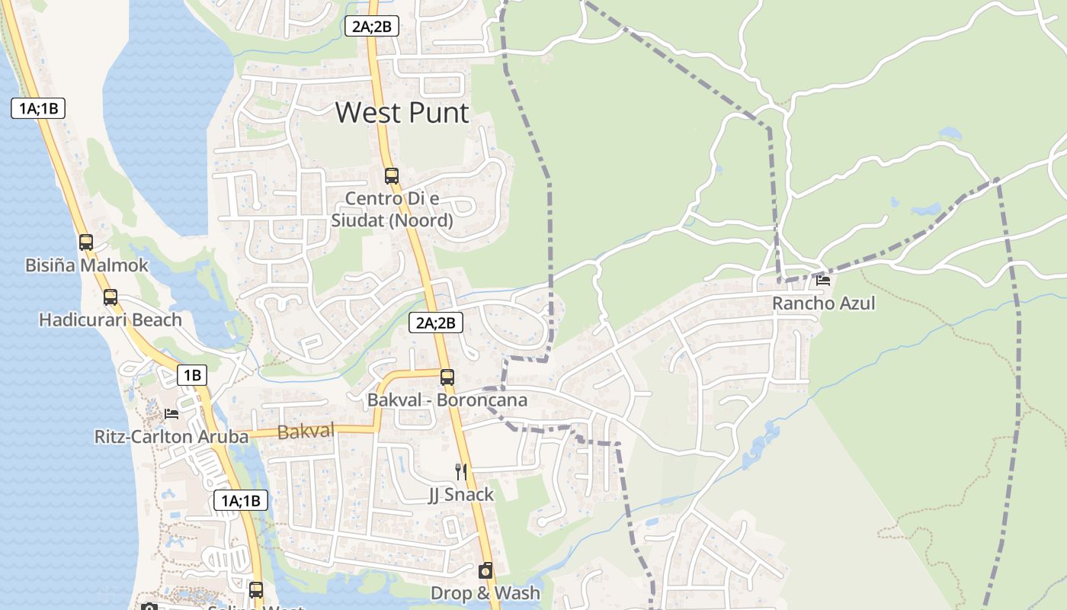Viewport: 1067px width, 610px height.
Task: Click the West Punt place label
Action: (402, 113)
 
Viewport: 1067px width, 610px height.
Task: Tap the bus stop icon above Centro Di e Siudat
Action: (392, 176)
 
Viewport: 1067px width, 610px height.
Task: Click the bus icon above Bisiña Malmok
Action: (86, 242)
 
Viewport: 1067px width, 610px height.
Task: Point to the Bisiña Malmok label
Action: (87, 266)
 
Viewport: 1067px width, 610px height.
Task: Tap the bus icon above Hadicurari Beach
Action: (111, 297)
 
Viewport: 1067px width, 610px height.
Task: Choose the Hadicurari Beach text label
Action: (111, 319)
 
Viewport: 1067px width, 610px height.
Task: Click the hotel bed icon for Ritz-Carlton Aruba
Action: (171, 414)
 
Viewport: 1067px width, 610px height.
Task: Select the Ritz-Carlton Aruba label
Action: (171, 437)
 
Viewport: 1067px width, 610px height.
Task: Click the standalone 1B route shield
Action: (192, 375)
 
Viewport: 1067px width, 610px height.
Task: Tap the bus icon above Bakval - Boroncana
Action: (447, 377)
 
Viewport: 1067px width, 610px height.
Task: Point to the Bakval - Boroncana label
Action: (447, 400)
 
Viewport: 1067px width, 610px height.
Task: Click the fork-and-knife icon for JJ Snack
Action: (460, 472)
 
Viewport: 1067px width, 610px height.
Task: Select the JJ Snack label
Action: (460, 495)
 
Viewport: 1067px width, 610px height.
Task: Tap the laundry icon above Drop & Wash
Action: (485, 570)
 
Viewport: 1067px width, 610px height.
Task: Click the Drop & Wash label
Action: (485, 592)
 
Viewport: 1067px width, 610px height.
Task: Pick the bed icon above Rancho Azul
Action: (823, 281)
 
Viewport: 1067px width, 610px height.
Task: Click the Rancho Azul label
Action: (823, 303)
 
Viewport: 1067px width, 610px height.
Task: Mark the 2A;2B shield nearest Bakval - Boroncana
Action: (436, 323)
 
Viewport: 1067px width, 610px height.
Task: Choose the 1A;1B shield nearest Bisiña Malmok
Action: (38, 108)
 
